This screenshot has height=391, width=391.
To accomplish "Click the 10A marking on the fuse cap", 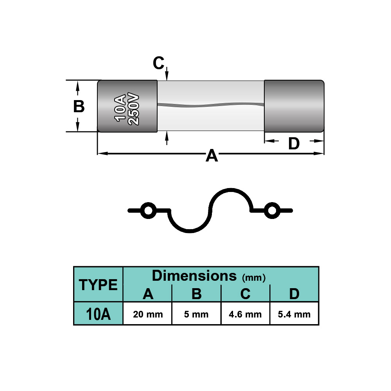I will coord(120,107).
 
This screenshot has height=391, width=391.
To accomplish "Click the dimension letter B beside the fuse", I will coord(79,106).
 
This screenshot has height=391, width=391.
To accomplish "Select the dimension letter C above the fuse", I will coord(158,63).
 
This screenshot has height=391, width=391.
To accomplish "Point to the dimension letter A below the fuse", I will coord(212,156).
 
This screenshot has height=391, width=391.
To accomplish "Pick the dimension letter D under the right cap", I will coord(294,144).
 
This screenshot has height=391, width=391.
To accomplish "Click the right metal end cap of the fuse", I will coord(294,106).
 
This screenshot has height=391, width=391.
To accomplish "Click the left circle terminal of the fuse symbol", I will coord(148,211).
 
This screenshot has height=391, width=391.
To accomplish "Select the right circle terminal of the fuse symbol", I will coord(271,211).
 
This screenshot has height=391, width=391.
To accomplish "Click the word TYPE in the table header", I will coord(99,285).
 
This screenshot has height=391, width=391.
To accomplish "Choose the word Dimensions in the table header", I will coord(194,276).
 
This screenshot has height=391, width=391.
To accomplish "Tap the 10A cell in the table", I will coord(98,314).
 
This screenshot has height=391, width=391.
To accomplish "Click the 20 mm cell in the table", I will coord(147,314).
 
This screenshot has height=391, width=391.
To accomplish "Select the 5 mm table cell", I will coord(196,314).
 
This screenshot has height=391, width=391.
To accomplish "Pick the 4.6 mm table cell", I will coord(245,314).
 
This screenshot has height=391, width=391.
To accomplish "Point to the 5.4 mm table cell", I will coord(294,314).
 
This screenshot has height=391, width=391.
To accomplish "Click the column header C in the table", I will coord(245,294).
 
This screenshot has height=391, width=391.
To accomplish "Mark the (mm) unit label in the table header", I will coord(254,278).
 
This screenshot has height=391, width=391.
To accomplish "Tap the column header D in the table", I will coord(294,294).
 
